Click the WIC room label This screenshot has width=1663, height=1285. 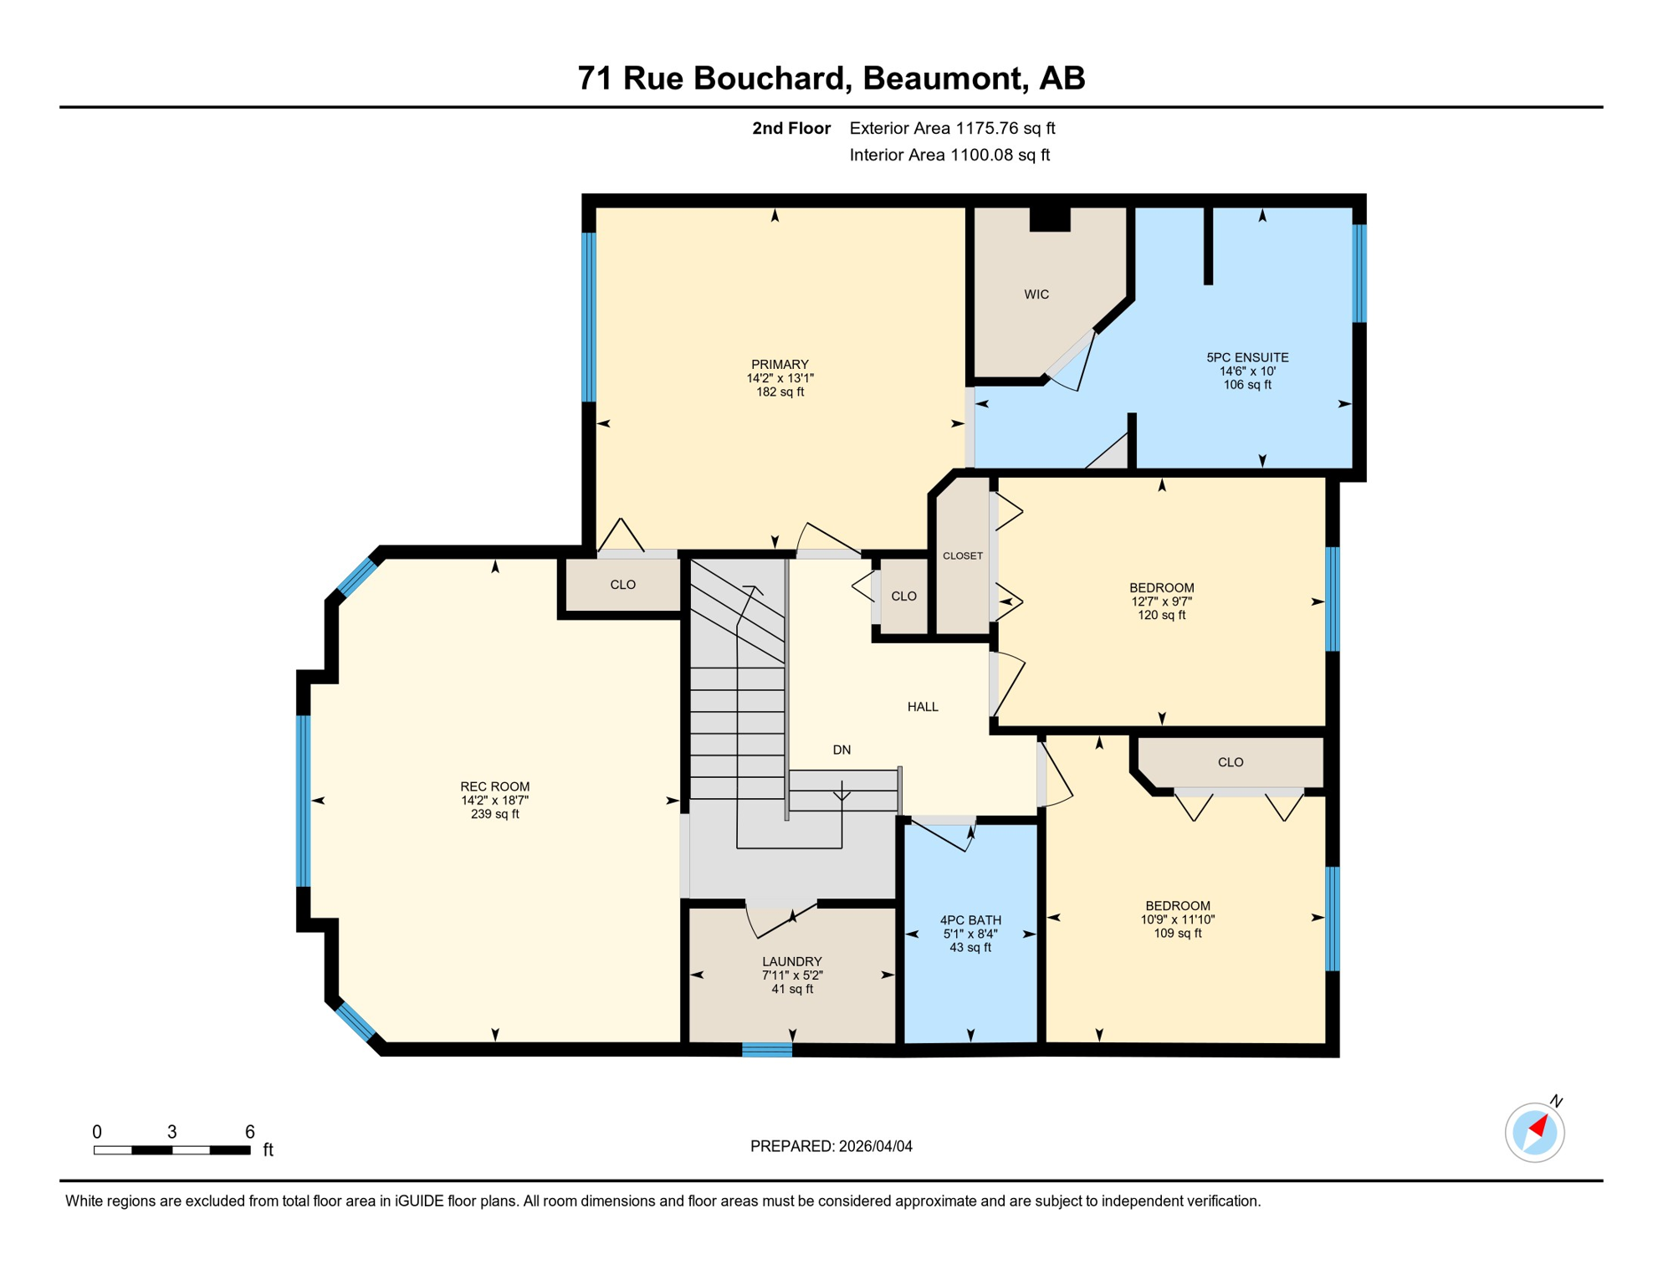1036,294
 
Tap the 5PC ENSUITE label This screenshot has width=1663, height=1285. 1247,357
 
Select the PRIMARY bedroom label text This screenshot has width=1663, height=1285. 780,364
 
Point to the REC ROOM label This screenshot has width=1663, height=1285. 494,786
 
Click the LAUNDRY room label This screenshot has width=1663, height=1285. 791,961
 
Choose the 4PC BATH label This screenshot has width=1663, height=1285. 970,919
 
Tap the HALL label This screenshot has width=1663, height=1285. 923,707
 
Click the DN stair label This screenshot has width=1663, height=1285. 842,750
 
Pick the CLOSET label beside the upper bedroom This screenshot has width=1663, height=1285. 963,555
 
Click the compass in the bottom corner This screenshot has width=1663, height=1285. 1535,1133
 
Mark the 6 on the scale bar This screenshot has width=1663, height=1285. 249,1132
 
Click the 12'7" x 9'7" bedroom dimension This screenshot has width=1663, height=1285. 1161,602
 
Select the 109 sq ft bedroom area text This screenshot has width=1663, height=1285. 1177,933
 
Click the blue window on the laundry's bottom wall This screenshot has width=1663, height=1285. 767,1050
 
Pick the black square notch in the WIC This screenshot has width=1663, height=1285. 1050,218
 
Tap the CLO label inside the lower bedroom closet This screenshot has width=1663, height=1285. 1231,762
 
